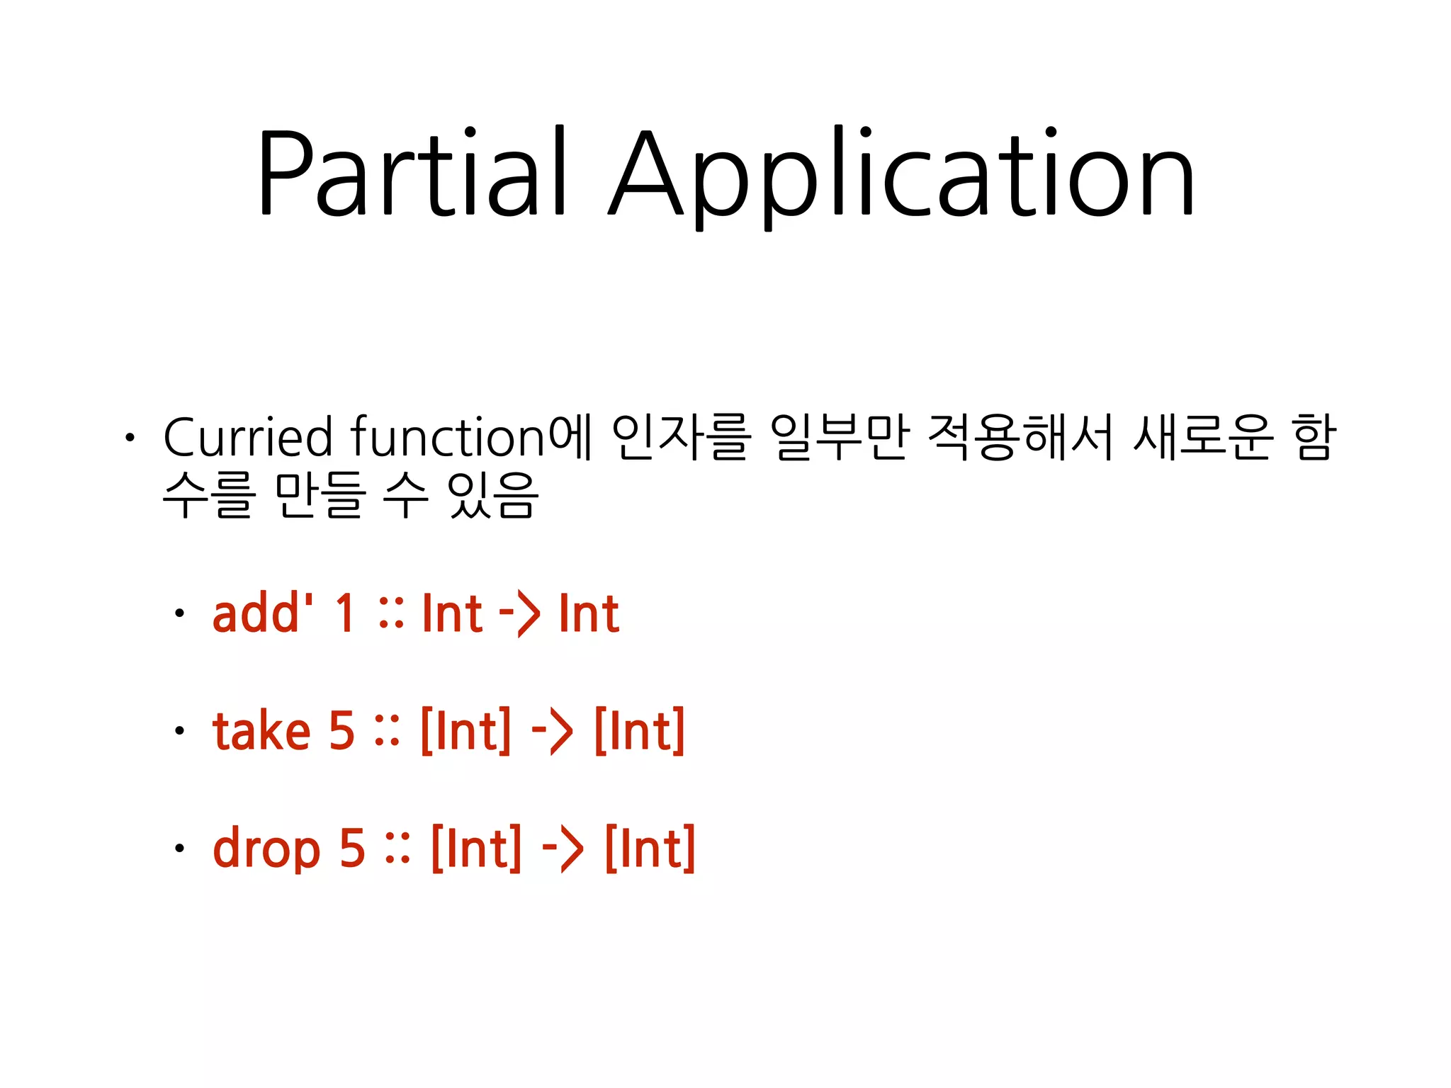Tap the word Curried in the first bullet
click(247, 437)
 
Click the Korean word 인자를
click(681, 437)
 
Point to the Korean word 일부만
click(839, 437)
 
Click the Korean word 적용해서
click(1020, 437)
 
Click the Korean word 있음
click(494, 495)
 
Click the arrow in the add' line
click(519, 613)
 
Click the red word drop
click(267, 848)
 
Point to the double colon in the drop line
click(397, 849)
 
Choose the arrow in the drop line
click(563, 849)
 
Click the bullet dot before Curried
click(129, 438)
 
